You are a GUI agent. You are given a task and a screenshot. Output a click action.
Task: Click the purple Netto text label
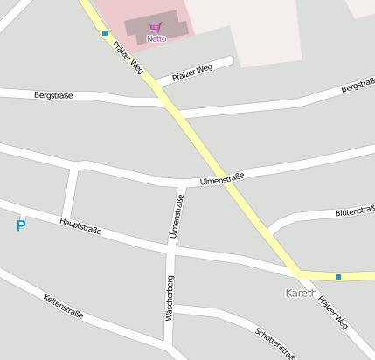(x=156, y=38)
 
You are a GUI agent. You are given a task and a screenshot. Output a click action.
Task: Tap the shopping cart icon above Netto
(x=156, y=28)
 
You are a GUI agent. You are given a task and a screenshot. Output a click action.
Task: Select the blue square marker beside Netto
(x=105, y=33)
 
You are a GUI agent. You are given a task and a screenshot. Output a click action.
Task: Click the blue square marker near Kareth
(x=338, y=277)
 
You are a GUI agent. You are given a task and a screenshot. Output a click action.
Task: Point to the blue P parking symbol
(x=21, y=226)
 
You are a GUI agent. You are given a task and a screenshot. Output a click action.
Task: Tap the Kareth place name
(x=302, y=292)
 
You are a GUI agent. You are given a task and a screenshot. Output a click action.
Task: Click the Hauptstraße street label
(x=80, y=226)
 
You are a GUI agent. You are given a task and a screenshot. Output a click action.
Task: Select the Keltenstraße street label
(x=64, y=306)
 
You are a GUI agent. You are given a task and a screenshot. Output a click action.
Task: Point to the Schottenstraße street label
(x=275, y=343)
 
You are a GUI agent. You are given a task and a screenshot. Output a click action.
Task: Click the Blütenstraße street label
(x=355, y=211)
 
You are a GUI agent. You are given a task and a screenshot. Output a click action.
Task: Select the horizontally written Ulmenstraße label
(x=222, y=179)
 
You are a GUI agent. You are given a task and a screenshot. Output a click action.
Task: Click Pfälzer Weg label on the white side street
(x=192, y=72)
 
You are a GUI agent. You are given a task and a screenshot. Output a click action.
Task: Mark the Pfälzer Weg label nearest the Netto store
(x=127, y=57)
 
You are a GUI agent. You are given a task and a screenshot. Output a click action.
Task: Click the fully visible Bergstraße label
(x=53, y=94)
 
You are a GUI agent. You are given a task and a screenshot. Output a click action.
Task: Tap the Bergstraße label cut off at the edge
(x=358, y=88)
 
